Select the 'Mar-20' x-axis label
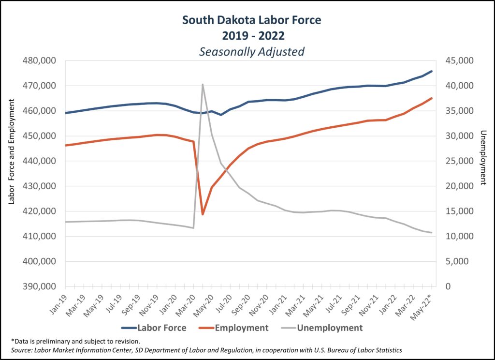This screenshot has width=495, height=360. point(188,305)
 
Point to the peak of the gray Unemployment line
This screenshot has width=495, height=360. point(203,84)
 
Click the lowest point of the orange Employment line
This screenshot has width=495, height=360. point(203,214)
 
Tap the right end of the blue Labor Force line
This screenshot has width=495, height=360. point(432,71)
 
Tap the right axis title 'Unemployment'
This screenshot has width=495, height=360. point(482,158)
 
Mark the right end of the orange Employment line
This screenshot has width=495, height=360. point(432,98)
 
